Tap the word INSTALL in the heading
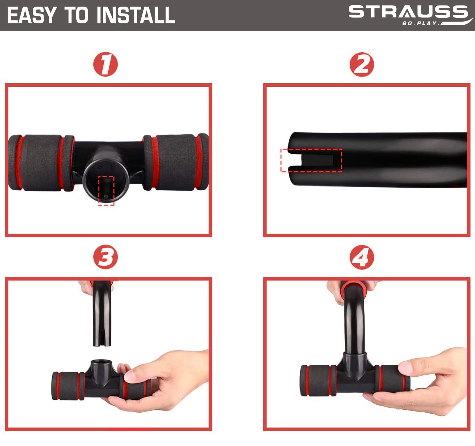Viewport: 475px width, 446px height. (x=136, y=15)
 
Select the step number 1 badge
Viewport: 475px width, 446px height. (x=106, y=64)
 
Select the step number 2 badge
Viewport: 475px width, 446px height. (x=361, y=64)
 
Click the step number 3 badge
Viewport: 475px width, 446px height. (x=106, y=257)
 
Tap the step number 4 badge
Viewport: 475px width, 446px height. (x=361, y=257)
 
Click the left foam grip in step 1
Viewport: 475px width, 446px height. (x=41, y=163)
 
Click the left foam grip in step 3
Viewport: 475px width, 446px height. (x=68, y=386)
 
